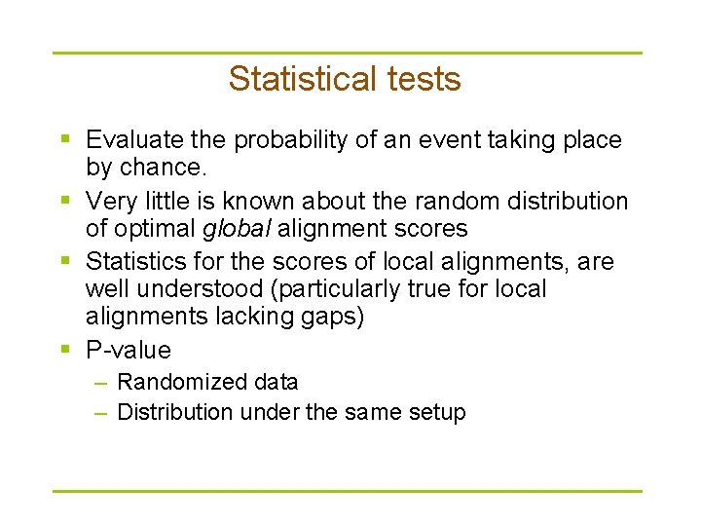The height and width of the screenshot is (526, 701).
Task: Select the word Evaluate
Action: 131,140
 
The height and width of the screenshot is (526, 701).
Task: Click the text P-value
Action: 129,350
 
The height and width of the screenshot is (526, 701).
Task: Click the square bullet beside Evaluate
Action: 65,141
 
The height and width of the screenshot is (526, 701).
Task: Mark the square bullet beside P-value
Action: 65,350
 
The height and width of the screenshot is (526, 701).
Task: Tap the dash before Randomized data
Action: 100,383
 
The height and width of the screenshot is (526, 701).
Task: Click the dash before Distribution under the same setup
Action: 100,413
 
